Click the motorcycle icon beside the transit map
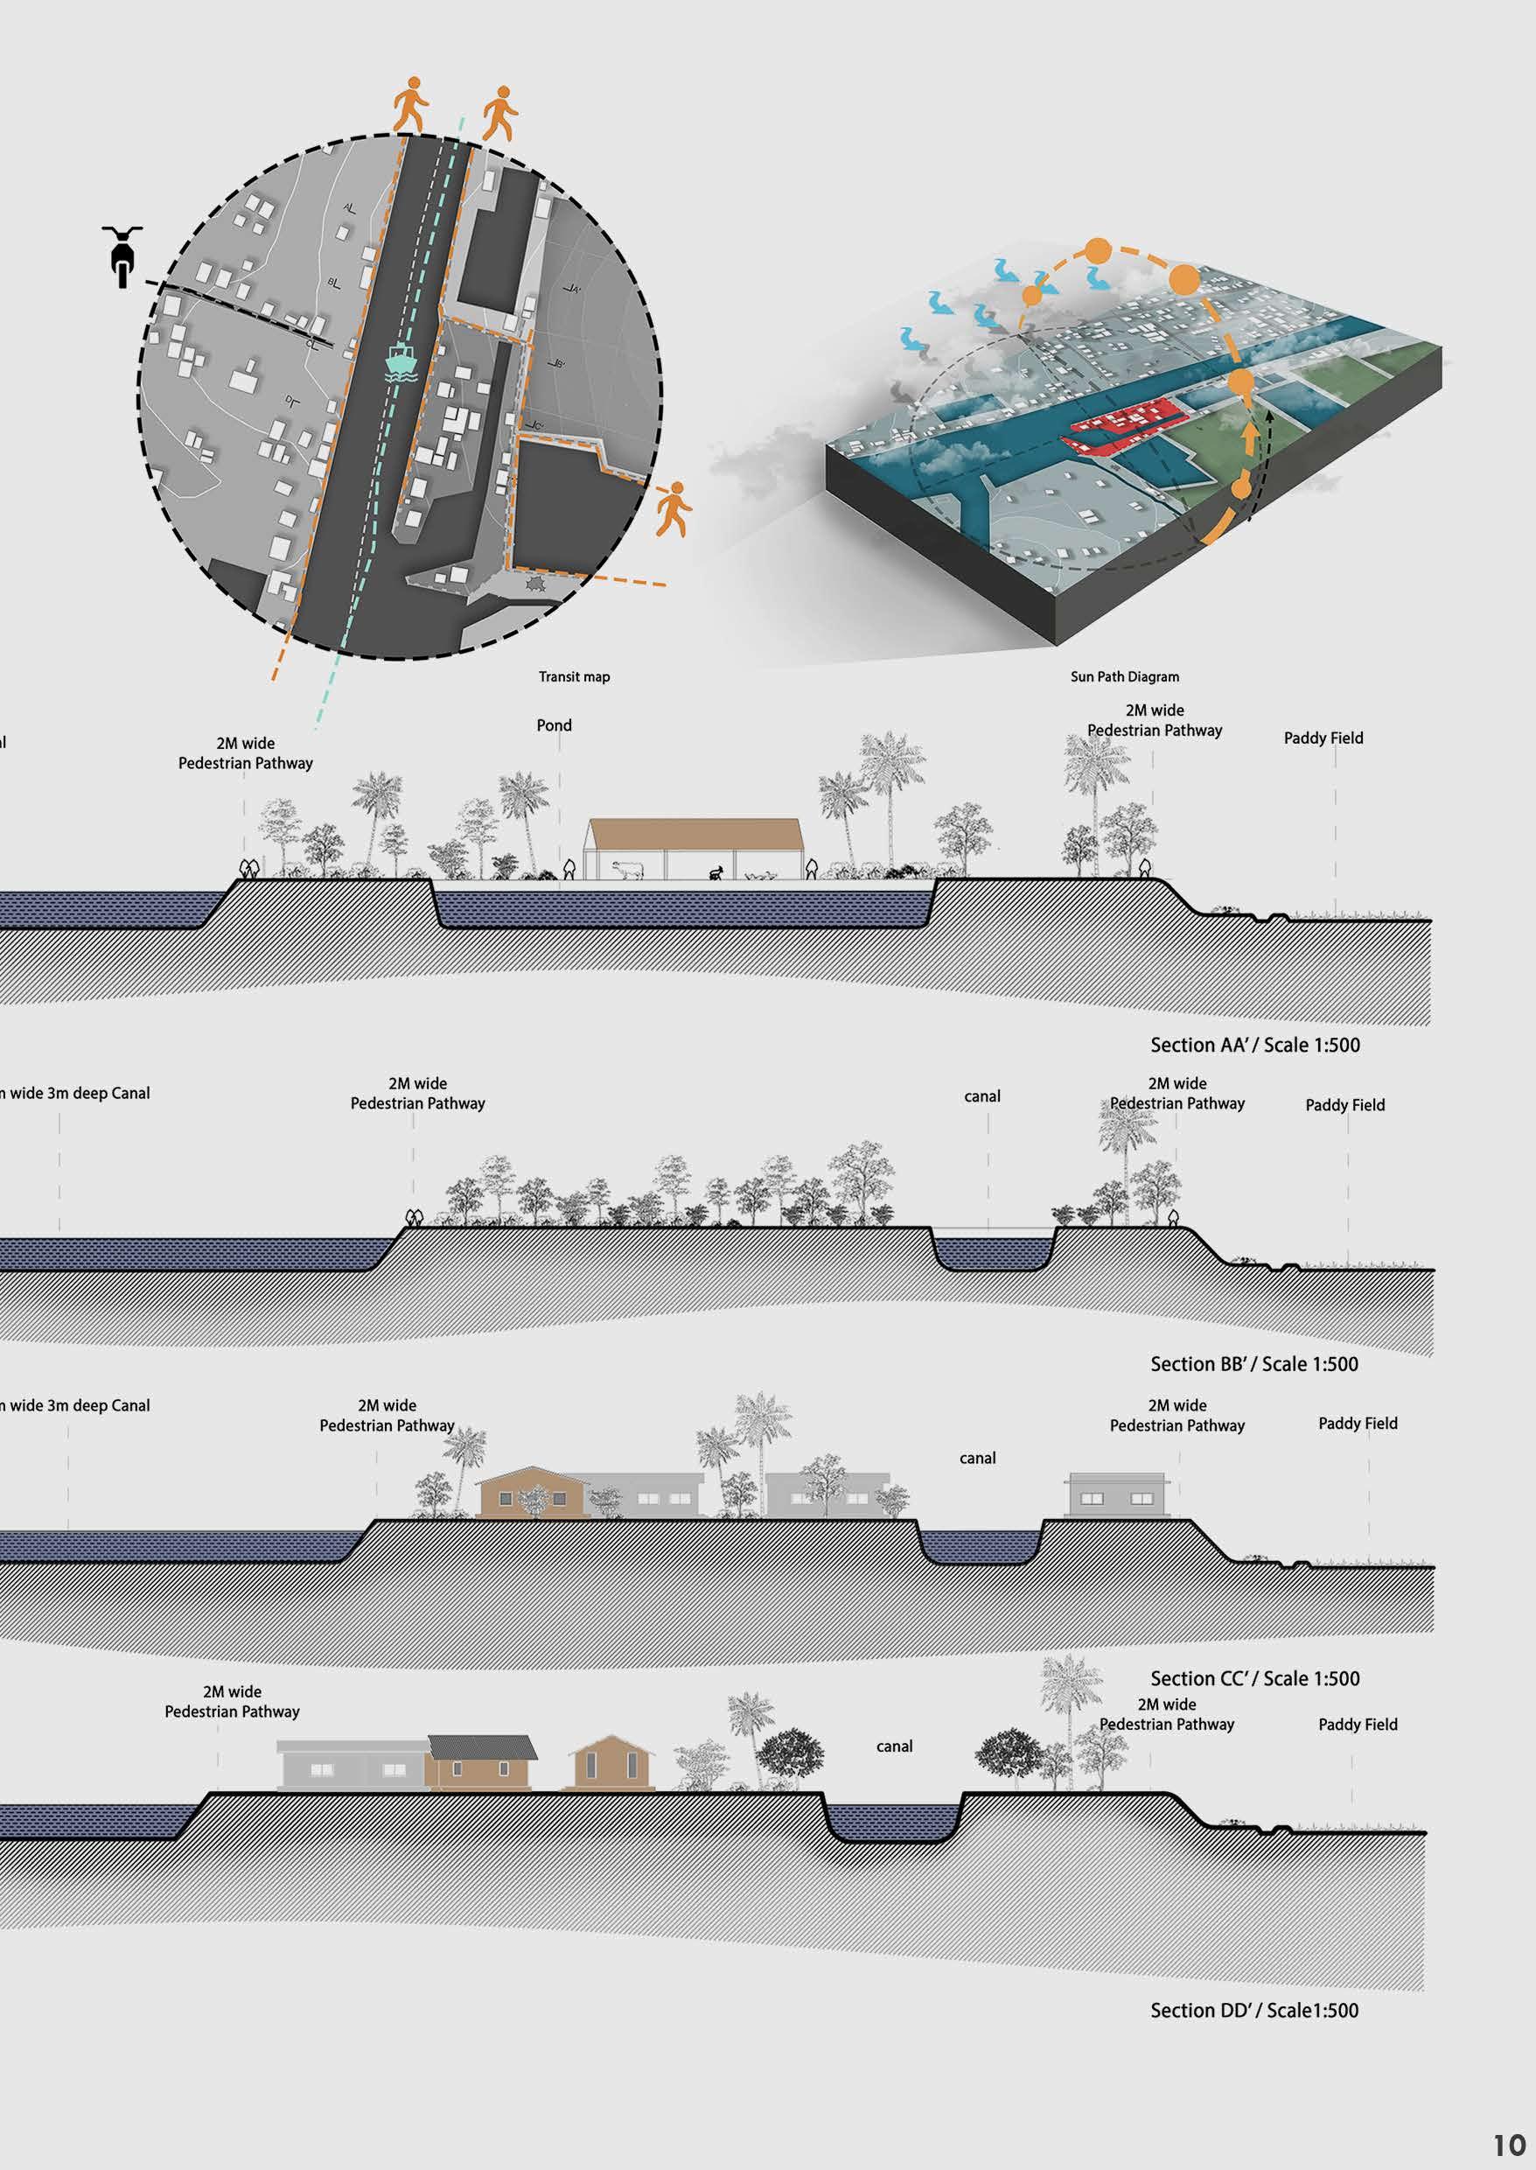121,256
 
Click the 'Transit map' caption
574,676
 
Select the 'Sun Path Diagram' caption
1125,676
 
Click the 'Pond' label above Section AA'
555,725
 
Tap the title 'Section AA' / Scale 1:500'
1254,1046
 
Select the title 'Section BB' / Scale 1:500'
1253,1364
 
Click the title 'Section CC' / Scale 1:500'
1254,1678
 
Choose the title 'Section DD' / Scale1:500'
1253,2010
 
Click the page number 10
1510,2144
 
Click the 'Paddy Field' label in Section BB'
1345,1105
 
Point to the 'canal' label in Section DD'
894,1746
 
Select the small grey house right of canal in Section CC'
1116,1495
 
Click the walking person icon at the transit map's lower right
674,509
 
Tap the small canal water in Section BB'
993,1252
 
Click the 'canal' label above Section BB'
981,1096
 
